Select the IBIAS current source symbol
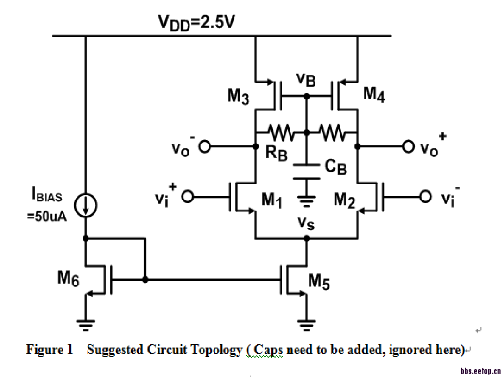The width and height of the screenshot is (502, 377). point(86,205)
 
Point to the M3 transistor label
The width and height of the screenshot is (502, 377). point(238,96)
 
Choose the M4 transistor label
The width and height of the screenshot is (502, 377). point(374,94)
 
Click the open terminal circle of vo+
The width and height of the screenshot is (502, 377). point(408,146)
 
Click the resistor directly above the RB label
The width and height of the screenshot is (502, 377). point(280,132)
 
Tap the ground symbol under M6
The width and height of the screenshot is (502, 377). point(86,323)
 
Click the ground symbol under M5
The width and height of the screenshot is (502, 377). point(307,323)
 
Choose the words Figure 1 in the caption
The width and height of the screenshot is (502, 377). point(49,350)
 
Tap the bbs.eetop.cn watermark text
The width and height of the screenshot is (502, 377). point(480,371)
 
